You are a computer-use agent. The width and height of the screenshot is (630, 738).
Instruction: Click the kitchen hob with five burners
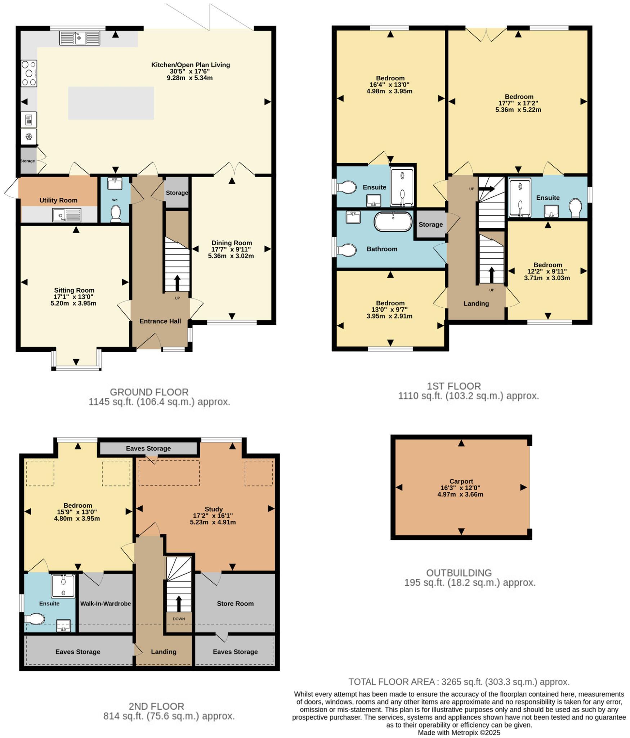coord(29,74)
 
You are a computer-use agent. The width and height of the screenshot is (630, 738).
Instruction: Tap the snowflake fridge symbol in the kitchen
coord(29,137)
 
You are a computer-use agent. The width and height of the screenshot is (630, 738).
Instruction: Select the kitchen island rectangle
coord(111,103)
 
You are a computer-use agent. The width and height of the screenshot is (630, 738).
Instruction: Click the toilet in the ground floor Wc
coord(115,213)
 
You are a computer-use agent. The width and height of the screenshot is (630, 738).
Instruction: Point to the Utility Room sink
coord(67,215)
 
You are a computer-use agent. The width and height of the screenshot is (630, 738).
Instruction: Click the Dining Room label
coord(231,243)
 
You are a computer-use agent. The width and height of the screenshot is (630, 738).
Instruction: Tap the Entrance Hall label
coord(160,321)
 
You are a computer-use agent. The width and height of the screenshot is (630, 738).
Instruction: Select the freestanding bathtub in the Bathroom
coord(393,221)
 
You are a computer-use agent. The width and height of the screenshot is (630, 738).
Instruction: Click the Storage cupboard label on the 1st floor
coord(430,224)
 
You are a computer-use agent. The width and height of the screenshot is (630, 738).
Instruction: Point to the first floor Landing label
coord(476,303)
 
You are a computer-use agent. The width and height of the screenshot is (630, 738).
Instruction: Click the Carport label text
coord(461,481)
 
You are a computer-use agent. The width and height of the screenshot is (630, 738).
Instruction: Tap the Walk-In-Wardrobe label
coord(105,604)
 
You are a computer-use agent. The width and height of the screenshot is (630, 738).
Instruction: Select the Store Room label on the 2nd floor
coord(235,604)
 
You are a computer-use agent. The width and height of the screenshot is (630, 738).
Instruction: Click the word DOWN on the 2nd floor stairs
coord(179,619)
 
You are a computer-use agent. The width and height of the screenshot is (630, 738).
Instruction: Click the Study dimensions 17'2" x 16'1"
coord(213,516)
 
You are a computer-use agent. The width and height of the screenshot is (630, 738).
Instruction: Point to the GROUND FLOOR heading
coord(149,392)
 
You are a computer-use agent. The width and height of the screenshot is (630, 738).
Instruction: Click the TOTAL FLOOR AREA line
coord(459,682)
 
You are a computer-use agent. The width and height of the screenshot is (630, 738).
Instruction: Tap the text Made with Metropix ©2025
coord(459,733)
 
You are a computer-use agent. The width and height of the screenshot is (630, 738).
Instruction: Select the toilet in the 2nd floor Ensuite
coord(35,619)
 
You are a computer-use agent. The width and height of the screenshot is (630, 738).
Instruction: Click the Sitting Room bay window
coord(76,368)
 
